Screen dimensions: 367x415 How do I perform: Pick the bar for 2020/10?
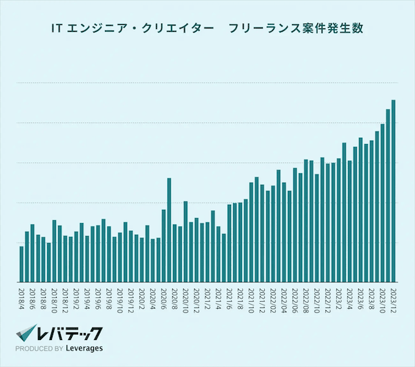click(185, 242)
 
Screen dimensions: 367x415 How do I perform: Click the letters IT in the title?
click(58, 29)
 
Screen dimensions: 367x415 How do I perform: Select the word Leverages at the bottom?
click(83, 348)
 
